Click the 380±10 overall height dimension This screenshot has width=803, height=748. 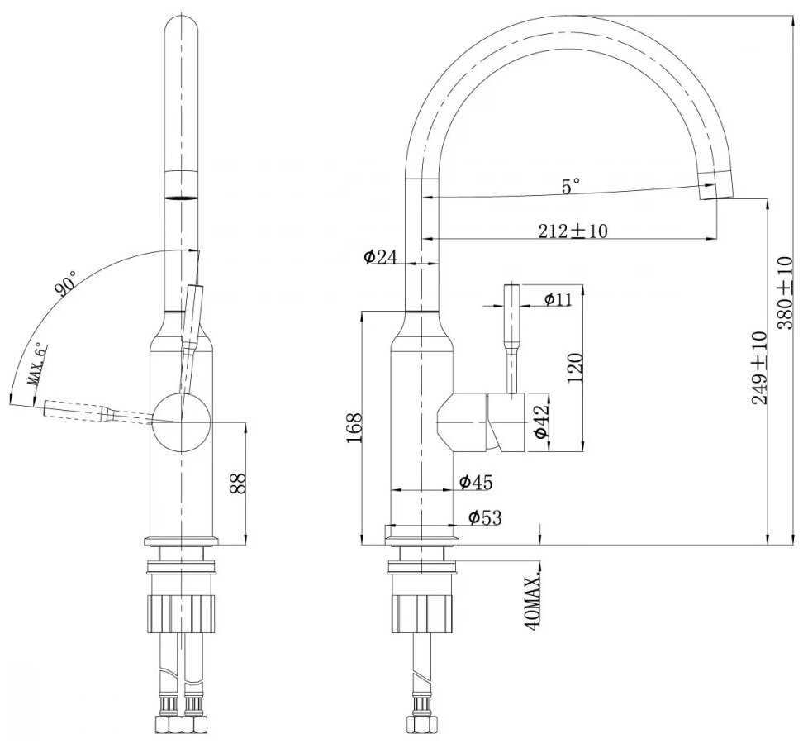786,293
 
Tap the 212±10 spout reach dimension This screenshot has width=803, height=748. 573,231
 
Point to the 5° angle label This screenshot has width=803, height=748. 571,187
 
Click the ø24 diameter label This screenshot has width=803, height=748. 380,257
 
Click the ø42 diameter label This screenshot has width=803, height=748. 540,422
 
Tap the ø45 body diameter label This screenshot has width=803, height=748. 475,481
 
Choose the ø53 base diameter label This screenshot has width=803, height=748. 485,518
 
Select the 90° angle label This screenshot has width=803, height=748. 66,283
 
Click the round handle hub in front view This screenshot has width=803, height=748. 183,422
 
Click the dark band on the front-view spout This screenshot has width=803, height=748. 182,198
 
